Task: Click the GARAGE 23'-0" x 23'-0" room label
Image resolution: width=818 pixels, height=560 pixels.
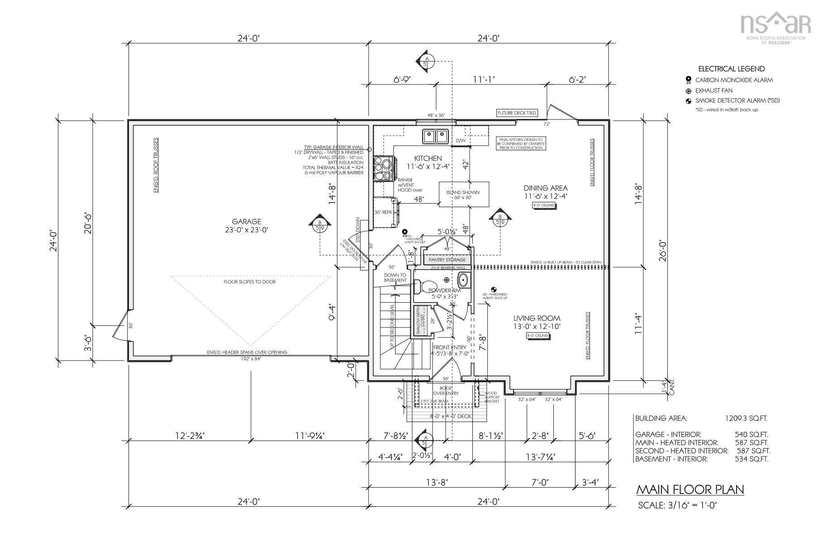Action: coord(247,225)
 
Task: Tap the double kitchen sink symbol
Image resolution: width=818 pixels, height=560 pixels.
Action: coord(435,136)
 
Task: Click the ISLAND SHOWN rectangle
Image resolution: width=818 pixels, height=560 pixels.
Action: coord(464,195)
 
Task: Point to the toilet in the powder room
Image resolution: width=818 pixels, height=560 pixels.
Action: coord(420,286)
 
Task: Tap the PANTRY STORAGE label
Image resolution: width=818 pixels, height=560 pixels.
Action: coord(447,260)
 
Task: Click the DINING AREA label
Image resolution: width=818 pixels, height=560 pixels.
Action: coord(546,192)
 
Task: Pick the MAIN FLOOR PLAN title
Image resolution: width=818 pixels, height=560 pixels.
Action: coord(690,489)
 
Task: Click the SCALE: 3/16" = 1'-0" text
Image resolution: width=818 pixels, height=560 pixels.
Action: coord(677,505)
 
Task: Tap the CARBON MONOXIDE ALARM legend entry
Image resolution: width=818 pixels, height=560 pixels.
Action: coord(734,80)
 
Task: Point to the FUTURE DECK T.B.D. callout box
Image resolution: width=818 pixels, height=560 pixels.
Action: coord(514,113)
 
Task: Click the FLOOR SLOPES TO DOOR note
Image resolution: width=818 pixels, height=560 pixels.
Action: coord(249,282)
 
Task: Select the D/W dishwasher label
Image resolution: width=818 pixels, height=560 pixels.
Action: coord(460,141)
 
